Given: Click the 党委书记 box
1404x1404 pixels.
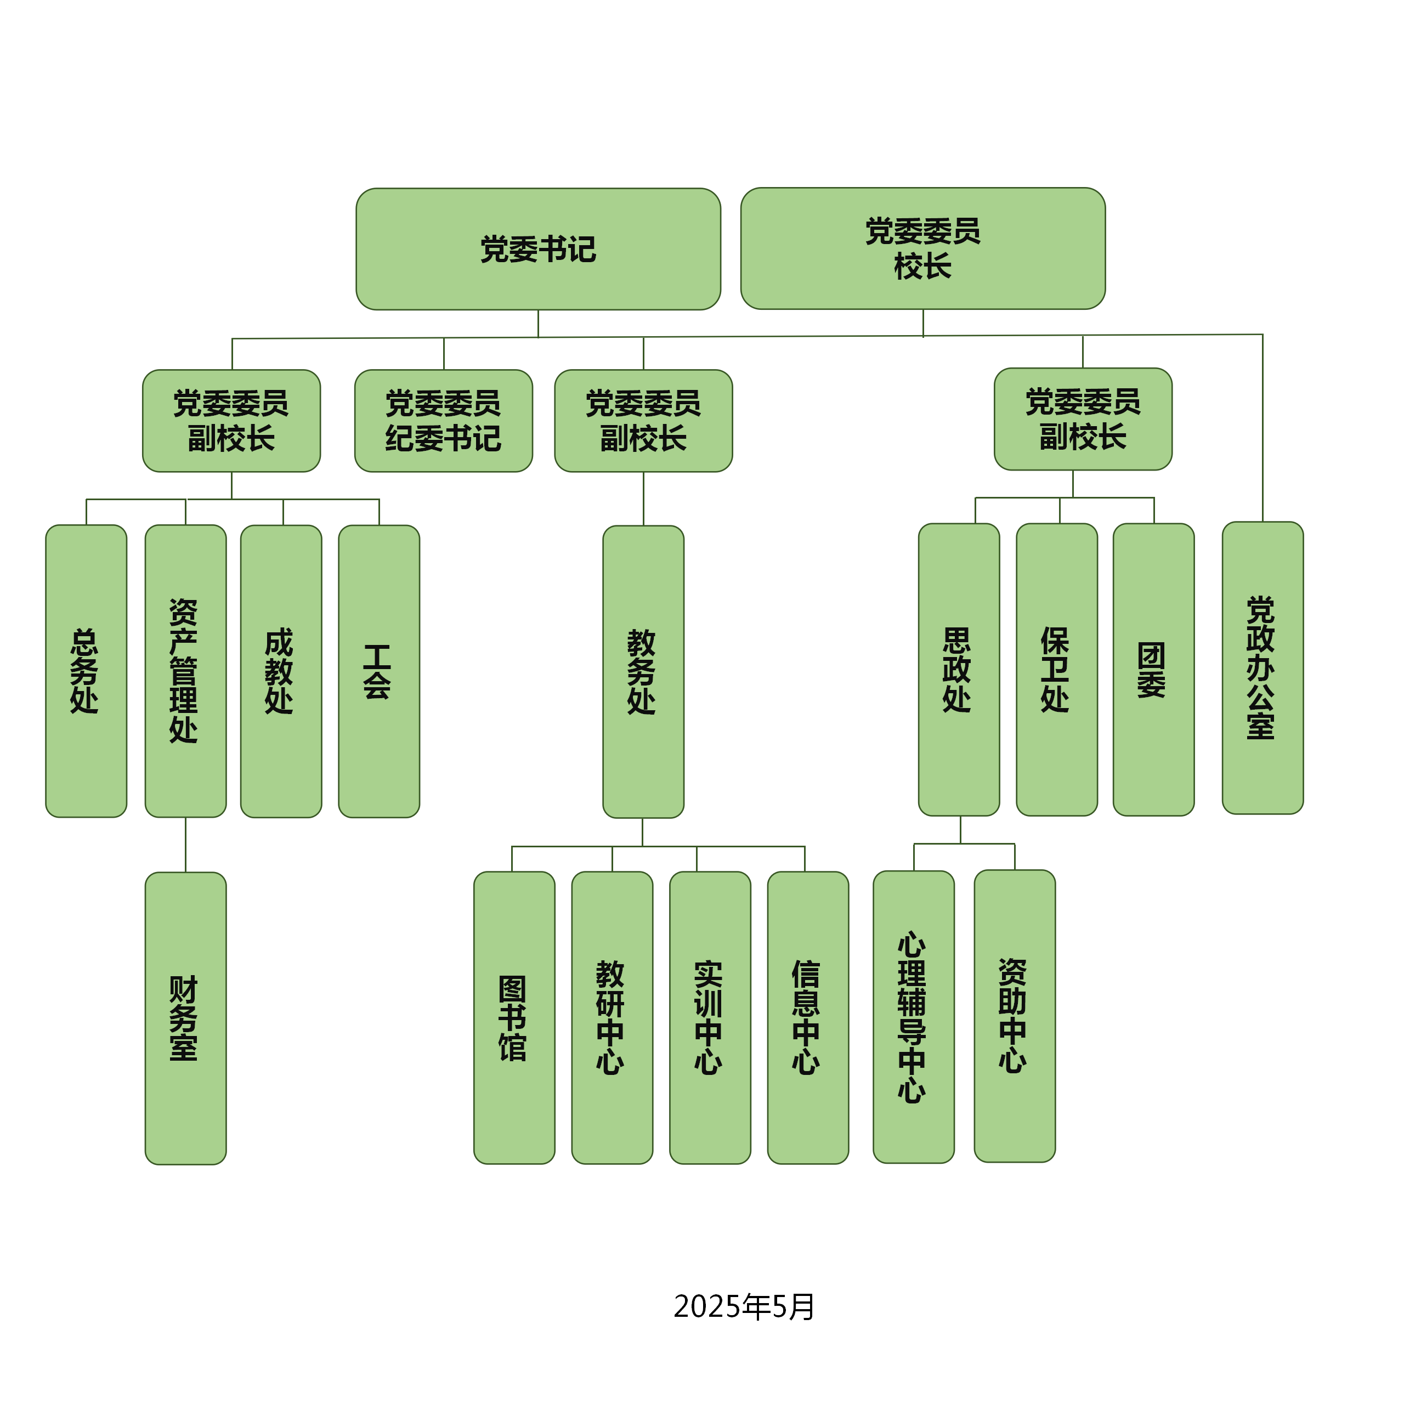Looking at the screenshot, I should point(538,249).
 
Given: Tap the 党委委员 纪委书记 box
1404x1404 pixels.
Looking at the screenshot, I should point(443,421).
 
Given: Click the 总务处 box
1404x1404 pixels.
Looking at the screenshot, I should point(86,671).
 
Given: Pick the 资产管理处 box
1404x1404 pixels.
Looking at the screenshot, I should point(185,671).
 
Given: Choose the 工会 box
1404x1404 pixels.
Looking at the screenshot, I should point(378,671).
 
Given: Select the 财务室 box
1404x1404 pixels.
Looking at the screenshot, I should point(185,1018).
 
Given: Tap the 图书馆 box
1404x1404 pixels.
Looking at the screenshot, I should point(514,1017).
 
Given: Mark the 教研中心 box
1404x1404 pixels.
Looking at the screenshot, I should point(612,1017).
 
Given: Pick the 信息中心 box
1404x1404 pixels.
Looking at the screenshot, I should point(807,1017).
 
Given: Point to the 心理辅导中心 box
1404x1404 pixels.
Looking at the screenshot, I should point(914,1017).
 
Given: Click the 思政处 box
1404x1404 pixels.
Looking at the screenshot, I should point(959,669).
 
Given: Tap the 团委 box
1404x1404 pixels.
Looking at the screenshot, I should point(1153,669).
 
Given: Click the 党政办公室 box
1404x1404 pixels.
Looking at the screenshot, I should point(1263,668).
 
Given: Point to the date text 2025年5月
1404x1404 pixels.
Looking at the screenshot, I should point(744,1306).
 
